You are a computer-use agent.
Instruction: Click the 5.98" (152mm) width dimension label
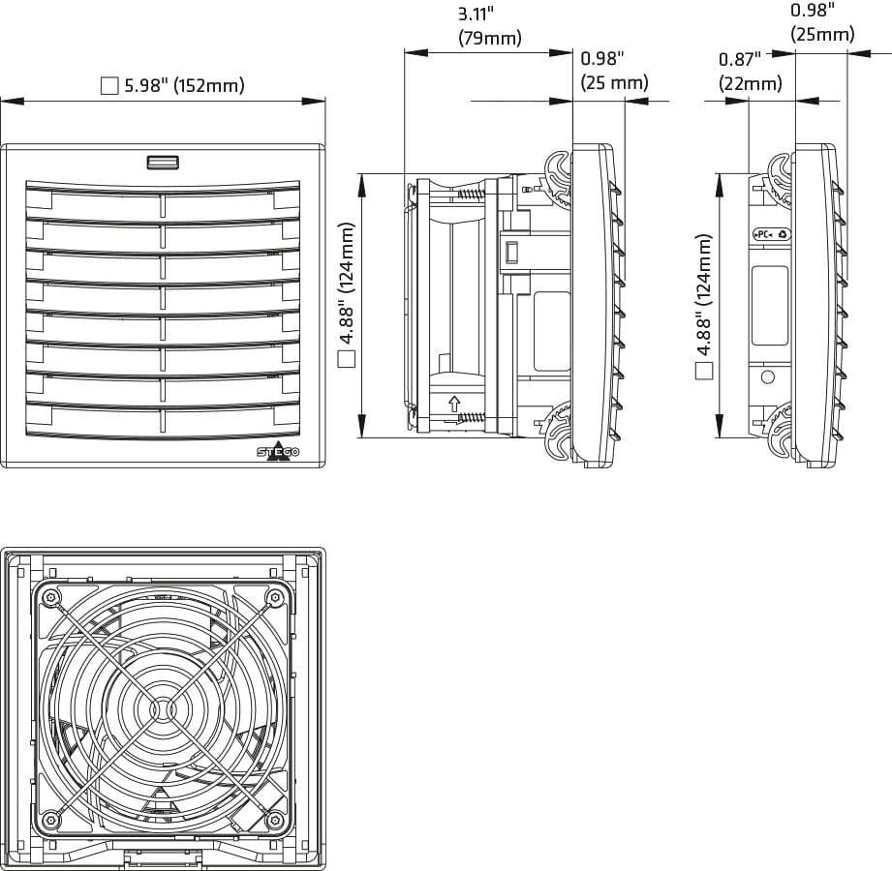[x=184, y=86]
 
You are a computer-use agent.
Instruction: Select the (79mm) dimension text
[x=489, y=39]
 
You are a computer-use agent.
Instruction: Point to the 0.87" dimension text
[x=740, y=60]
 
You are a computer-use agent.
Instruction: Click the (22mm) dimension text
[x=750, y=84]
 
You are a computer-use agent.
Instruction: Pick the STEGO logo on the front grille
[x=278, y=452]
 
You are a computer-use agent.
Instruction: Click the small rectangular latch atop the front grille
[x=163, y=162]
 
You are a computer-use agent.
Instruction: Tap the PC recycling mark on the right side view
[x=772, y=234]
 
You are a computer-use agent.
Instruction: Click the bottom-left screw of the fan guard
[x=49, y=820]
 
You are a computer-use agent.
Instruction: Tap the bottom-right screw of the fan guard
[x=278, y=820]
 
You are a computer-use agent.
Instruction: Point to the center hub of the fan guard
[x=164, y=708]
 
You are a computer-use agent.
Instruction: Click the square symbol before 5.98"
[x=109, y=86]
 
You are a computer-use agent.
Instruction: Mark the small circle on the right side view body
[x=768, y=375]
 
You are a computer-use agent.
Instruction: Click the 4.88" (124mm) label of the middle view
[x=347, y=295]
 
